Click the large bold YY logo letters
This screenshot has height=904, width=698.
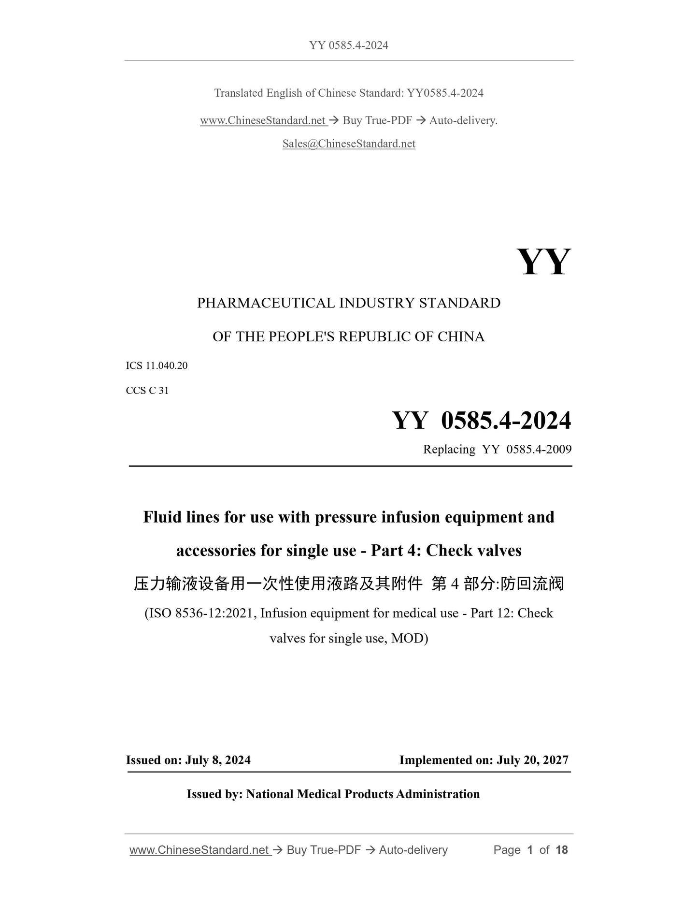tap(543, 262)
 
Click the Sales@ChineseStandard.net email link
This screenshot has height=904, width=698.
tap(349, 144)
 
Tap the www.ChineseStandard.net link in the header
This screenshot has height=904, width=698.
tap(263, 120)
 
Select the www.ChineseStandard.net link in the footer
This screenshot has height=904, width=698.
tap(199, 849)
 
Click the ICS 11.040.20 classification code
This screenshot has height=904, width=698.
tap(157, 365)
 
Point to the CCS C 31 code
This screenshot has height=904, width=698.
tap(147, 391)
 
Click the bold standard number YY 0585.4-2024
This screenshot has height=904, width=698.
tap(481, 420)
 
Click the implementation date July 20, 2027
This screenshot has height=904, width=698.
tap(532, 760)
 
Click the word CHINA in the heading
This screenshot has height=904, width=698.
tap(461, 337)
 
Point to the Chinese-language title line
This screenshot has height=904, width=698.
tap(349, 584)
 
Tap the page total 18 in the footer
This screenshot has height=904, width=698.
tap(561, 849)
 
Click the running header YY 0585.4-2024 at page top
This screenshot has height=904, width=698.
tap(349, 45)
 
